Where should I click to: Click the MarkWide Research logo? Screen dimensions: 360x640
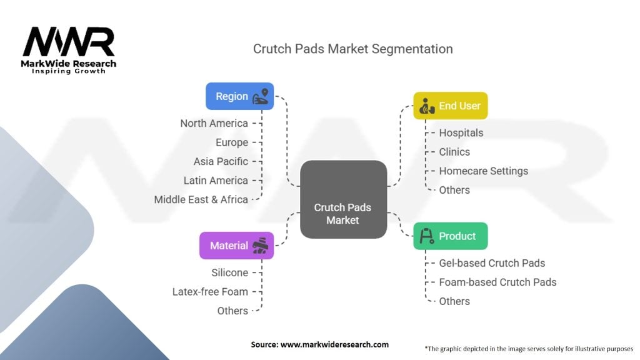[x=69, y=50]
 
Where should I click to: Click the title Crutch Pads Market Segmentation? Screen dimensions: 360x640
[x=352, y=49]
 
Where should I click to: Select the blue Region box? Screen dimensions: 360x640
[x=239, y=96]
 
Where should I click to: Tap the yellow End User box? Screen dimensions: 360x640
[x=450, y=106]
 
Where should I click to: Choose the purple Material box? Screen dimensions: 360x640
[x=236, y=246]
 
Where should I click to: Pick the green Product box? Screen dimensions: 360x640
[x=450, y=236]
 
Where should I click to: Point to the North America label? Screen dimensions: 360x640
[x=214, y=123]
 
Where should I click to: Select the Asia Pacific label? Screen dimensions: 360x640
[x=221, y=161]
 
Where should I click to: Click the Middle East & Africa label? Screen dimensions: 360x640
[x=201, y=199]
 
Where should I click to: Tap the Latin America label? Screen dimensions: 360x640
[x=216, y=180]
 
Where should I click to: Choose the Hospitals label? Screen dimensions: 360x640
[x=461, y=132]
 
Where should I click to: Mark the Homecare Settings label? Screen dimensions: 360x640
[x=483, y=171]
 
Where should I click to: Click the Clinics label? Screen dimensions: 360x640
[x=454, y=152]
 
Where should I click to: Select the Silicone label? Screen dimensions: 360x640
[x=229, y=272]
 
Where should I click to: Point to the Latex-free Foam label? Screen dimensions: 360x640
[x=210, y=291]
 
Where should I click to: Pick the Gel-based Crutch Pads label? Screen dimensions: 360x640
[x=492, y=263]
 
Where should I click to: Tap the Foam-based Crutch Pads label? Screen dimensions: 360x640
[x=497, y=282]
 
